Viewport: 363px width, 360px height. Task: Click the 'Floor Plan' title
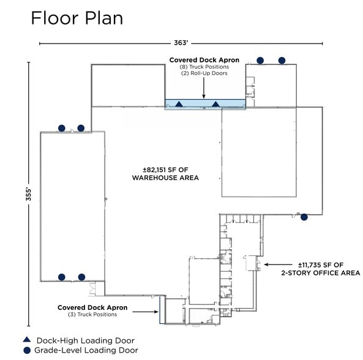tap(77, 18)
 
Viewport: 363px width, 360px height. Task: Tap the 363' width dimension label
tap(181, 43)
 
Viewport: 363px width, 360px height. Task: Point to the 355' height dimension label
tap(29, 194)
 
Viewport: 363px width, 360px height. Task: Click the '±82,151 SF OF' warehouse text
tap(165, 170)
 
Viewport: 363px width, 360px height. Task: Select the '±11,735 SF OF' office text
tap(321, 265)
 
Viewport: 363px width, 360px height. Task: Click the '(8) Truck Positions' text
tap(204, 67)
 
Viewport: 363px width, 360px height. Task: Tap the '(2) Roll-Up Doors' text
tap(204, 73)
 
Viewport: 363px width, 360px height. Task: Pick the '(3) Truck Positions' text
tap(92, 315)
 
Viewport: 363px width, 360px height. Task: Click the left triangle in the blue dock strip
tap(179, 104)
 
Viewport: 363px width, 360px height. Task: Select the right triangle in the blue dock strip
tap(215, 104)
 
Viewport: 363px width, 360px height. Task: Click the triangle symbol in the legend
tap(27, 339)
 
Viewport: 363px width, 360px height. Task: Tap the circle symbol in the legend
tap(27, 350)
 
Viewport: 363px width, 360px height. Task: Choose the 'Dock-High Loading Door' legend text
tap(86, 340)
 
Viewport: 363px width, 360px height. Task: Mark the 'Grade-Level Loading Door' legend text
tap(86, 350)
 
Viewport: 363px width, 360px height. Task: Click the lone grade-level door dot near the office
tap(304, 217)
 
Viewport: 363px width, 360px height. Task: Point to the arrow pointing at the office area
tap(278, 264)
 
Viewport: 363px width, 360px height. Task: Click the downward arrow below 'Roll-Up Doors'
tap(204, 88)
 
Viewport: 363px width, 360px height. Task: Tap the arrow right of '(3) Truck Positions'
tap(146, 312)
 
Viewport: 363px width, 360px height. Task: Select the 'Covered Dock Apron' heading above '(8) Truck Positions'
tap(204, 60)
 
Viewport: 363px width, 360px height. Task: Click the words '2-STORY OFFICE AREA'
tap(321, 273)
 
